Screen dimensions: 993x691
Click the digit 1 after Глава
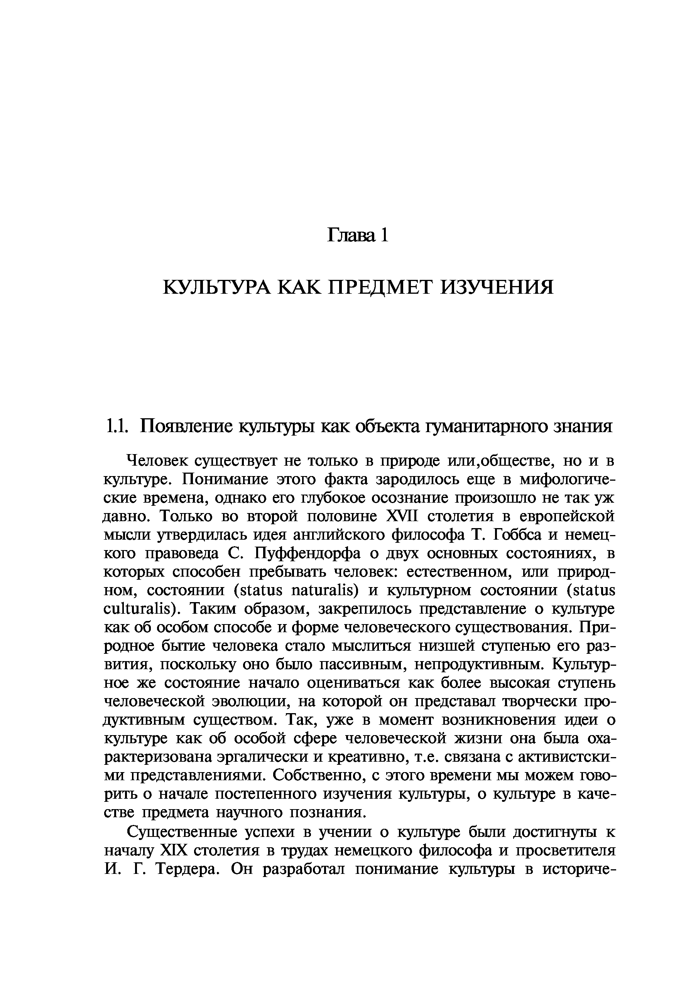coord(383,235)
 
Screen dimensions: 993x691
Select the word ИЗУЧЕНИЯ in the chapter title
coord(496,287)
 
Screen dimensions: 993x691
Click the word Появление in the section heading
coord(187,426)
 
